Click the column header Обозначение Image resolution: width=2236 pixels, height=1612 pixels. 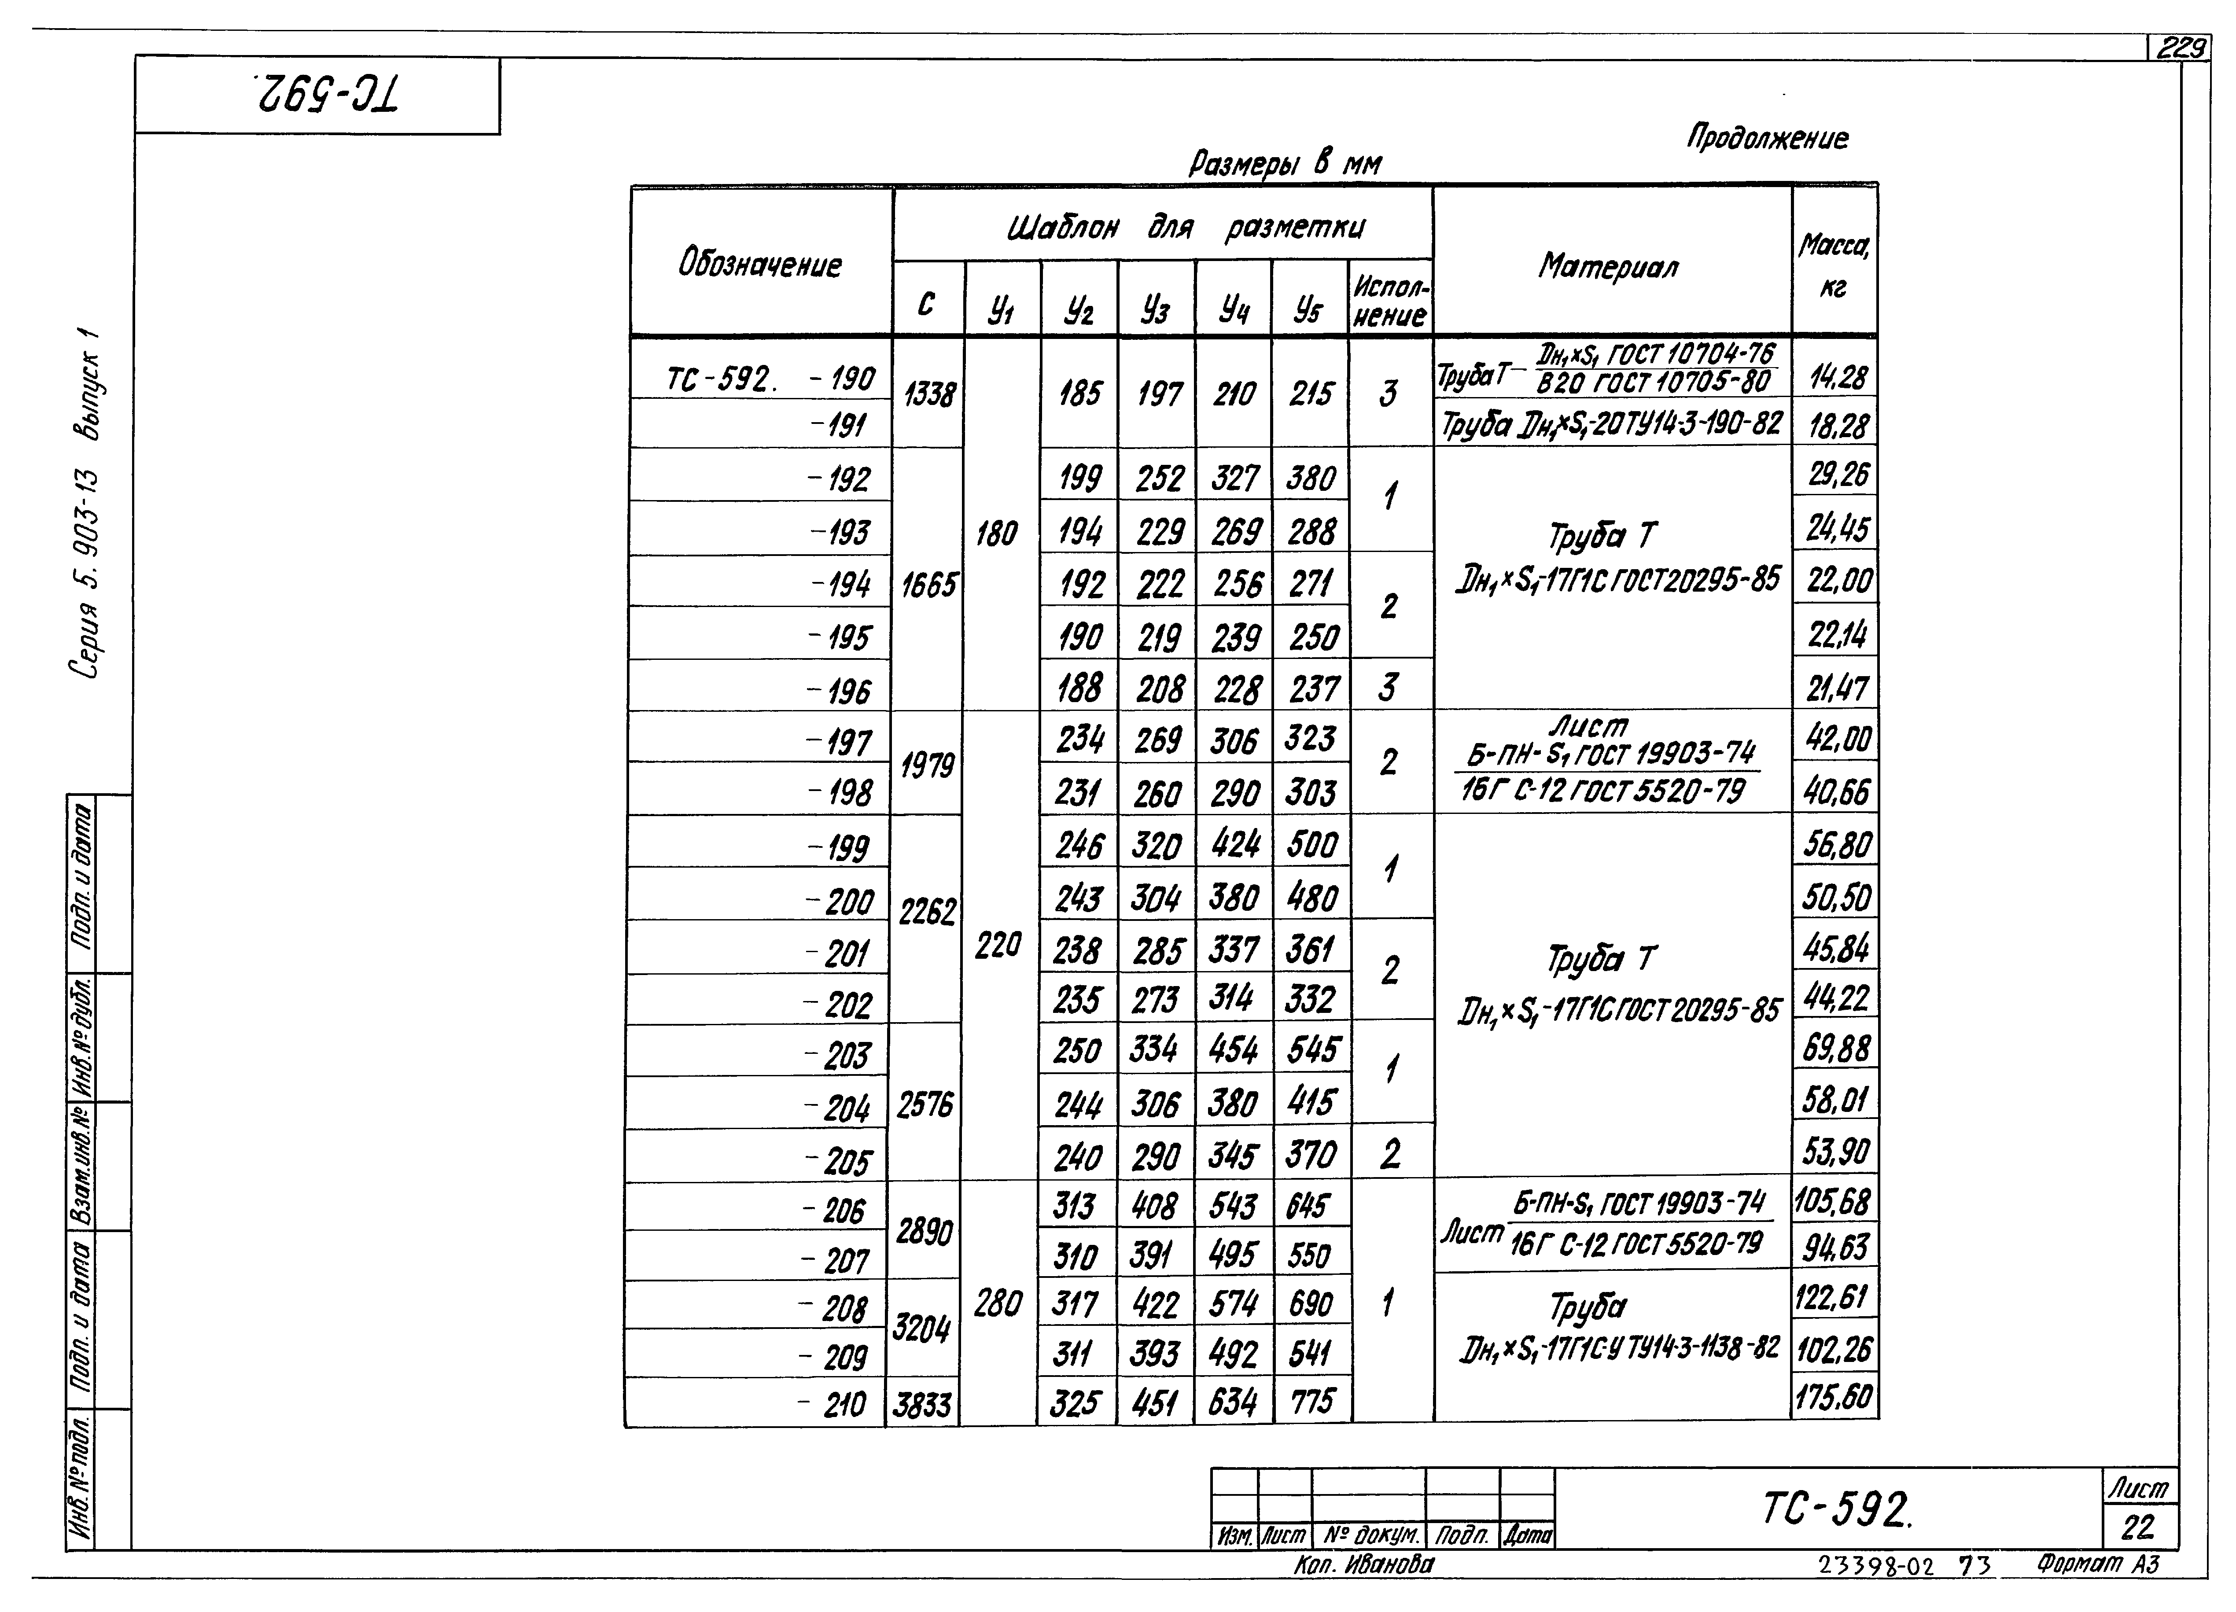(x=760, y=264)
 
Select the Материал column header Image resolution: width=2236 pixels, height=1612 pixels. (x=1609, y=266)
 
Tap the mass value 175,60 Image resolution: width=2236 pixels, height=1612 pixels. (x=1834, y=1398)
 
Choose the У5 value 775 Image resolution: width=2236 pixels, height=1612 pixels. (x=1311, y=1401)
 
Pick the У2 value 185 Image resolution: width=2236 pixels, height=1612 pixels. (x=1079, y=394)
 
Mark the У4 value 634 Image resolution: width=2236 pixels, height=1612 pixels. (x=1232, y=1401)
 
